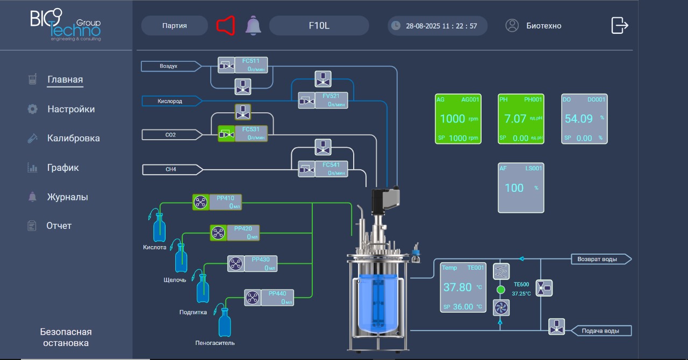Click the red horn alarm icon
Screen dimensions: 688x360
tap(226, 25)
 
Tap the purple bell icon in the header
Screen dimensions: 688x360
tap(253, 25)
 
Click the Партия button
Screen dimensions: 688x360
tap(175, 25)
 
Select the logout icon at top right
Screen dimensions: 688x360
tap(620, 25)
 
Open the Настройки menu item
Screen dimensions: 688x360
tap(71, 109)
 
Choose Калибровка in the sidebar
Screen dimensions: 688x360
tap(74, 138)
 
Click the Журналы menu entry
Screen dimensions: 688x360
tap(67, 197)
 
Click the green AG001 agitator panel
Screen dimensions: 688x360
tap(458, 119)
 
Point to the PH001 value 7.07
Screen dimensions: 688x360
tap(515, 119)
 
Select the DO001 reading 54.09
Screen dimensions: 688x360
tap(579, 119)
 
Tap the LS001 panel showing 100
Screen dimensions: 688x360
tap(521, 188)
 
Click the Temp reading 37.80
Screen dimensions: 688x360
tap(457, 287)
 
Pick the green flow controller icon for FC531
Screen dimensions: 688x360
tap(226, 134)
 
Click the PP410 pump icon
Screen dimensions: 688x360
tap(200, 203)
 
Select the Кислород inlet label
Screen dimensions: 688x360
tap(170, 101)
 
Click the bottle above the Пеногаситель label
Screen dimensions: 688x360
tap(225, 322)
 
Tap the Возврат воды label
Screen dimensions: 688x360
tap(597, 259)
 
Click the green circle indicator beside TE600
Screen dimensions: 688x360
tap(500, 290)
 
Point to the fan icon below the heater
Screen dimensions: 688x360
tap(501, 308)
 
